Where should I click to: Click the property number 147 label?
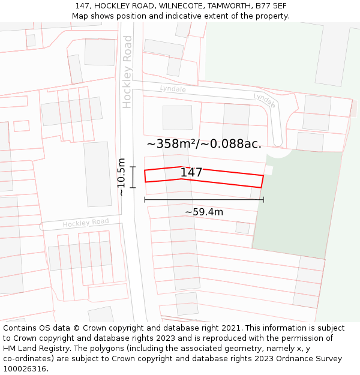[191, 173]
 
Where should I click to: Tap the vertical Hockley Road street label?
[127, 71]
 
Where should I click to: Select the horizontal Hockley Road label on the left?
[86, 223]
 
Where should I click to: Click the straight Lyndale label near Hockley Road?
[173, 89]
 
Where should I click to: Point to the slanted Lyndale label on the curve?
[265, 100]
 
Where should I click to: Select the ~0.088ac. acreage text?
[233, 144]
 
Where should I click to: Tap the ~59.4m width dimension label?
[204, 212]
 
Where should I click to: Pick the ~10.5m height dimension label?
[121, 177]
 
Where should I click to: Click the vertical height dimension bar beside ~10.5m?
[133, 177]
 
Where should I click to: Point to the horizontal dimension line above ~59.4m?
[204, 199]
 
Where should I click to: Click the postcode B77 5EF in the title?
[272, 6]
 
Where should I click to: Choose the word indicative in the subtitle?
[180, 16]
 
